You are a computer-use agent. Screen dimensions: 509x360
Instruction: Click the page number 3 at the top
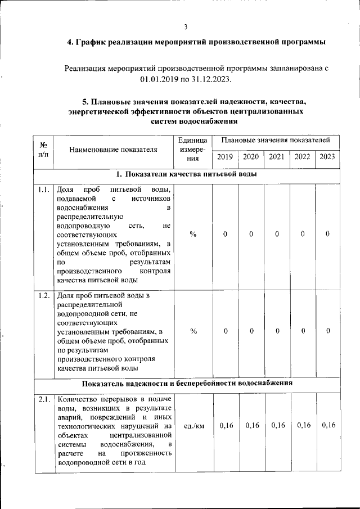pos(186,27)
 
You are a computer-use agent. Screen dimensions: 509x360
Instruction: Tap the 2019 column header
pos(225,157)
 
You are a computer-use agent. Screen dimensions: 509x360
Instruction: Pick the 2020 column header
pos(251,157)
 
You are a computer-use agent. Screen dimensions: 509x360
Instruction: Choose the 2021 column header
pos(277,157)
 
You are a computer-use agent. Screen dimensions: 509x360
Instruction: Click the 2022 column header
pos(303,157)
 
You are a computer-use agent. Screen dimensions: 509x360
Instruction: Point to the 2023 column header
pos(327,157)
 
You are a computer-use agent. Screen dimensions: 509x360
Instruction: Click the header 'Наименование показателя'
pos(113,149)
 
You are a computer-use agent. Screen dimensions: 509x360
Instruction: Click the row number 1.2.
pos(44,296)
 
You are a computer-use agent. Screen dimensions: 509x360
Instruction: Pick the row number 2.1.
pos(44,400)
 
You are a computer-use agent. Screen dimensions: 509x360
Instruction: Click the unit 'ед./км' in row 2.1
pos(193,425)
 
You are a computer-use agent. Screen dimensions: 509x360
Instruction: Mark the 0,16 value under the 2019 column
pos(225,425)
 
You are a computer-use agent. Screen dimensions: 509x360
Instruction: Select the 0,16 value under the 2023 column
pos(328,425)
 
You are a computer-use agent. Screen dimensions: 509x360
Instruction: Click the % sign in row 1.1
pos(193,234)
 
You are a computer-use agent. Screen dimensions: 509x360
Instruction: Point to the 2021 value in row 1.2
pos(277,331)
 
